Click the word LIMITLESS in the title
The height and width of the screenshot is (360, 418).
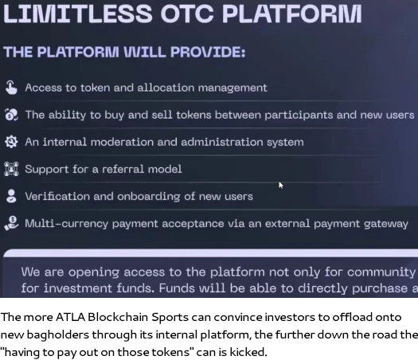point(77,14)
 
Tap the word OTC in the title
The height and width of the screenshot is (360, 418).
point(187,14)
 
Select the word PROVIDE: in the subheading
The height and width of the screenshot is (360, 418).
point(208,52)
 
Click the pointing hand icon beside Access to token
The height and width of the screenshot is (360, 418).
point(11,88)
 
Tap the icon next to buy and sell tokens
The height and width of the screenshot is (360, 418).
point(11,115)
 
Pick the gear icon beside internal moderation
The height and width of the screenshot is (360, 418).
point(11,142)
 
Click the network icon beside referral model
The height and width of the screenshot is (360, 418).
point(11,169)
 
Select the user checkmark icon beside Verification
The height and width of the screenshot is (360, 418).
point(11,196)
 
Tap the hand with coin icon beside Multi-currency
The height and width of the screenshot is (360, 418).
point(11,223)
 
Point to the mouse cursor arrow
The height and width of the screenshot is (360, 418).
point(281,186)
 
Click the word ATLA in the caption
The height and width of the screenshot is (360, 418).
point(70,317)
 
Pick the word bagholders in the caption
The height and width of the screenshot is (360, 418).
point(58,335)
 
